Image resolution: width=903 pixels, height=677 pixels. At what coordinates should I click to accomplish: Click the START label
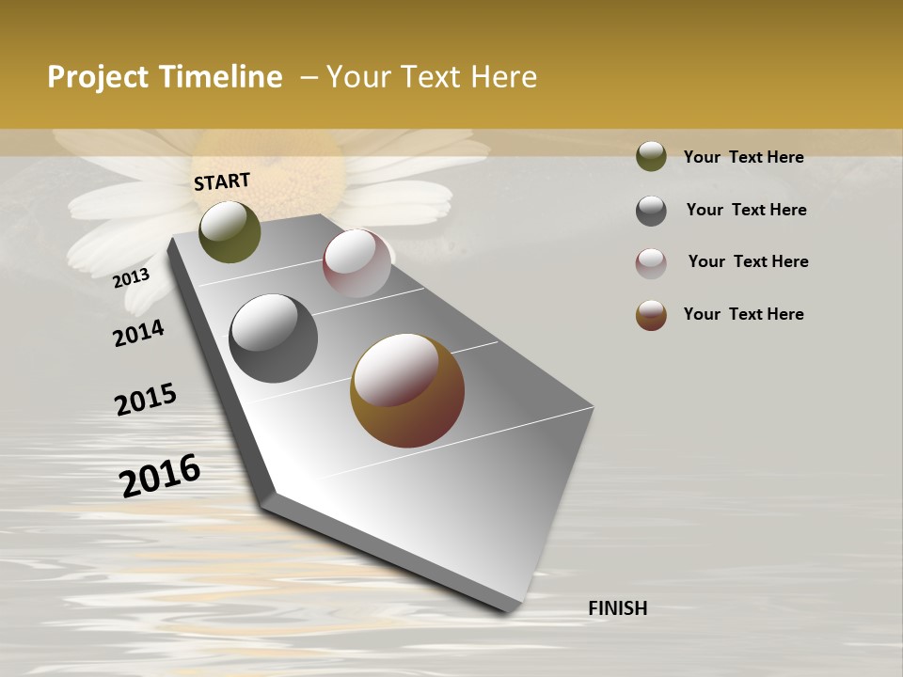point(222,181)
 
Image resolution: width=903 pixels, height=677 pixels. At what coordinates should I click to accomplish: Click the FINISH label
point(617,608)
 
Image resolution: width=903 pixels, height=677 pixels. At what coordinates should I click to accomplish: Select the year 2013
point(132,277)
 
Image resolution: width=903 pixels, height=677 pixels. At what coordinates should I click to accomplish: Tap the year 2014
point(138,333)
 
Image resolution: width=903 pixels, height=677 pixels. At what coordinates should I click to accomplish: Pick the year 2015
point(146,400)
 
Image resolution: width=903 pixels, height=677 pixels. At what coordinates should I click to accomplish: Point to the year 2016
point(161,475)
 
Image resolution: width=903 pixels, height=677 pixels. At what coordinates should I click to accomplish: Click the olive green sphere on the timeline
point(230,231)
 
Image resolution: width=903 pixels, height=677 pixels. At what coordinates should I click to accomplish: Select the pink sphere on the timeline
point(356,262)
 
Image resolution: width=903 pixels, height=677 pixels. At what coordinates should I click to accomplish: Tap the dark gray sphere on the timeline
point(274,338)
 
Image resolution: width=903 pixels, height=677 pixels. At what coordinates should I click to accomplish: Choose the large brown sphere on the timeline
point(407,390)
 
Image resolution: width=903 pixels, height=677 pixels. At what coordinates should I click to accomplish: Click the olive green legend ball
point(651,156)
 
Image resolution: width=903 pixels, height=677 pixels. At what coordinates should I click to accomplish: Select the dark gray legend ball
point(651,211)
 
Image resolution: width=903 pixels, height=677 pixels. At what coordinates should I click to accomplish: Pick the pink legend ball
point(651,263)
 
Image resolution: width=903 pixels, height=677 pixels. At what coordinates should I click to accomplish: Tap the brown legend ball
point(651,315)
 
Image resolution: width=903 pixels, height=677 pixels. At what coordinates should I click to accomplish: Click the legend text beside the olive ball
point(743,157)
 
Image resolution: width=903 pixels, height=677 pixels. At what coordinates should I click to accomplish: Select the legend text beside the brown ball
point(743,314)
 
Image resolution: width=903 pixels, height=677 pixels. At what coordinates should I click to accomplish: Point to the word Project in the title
point(98,77)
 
